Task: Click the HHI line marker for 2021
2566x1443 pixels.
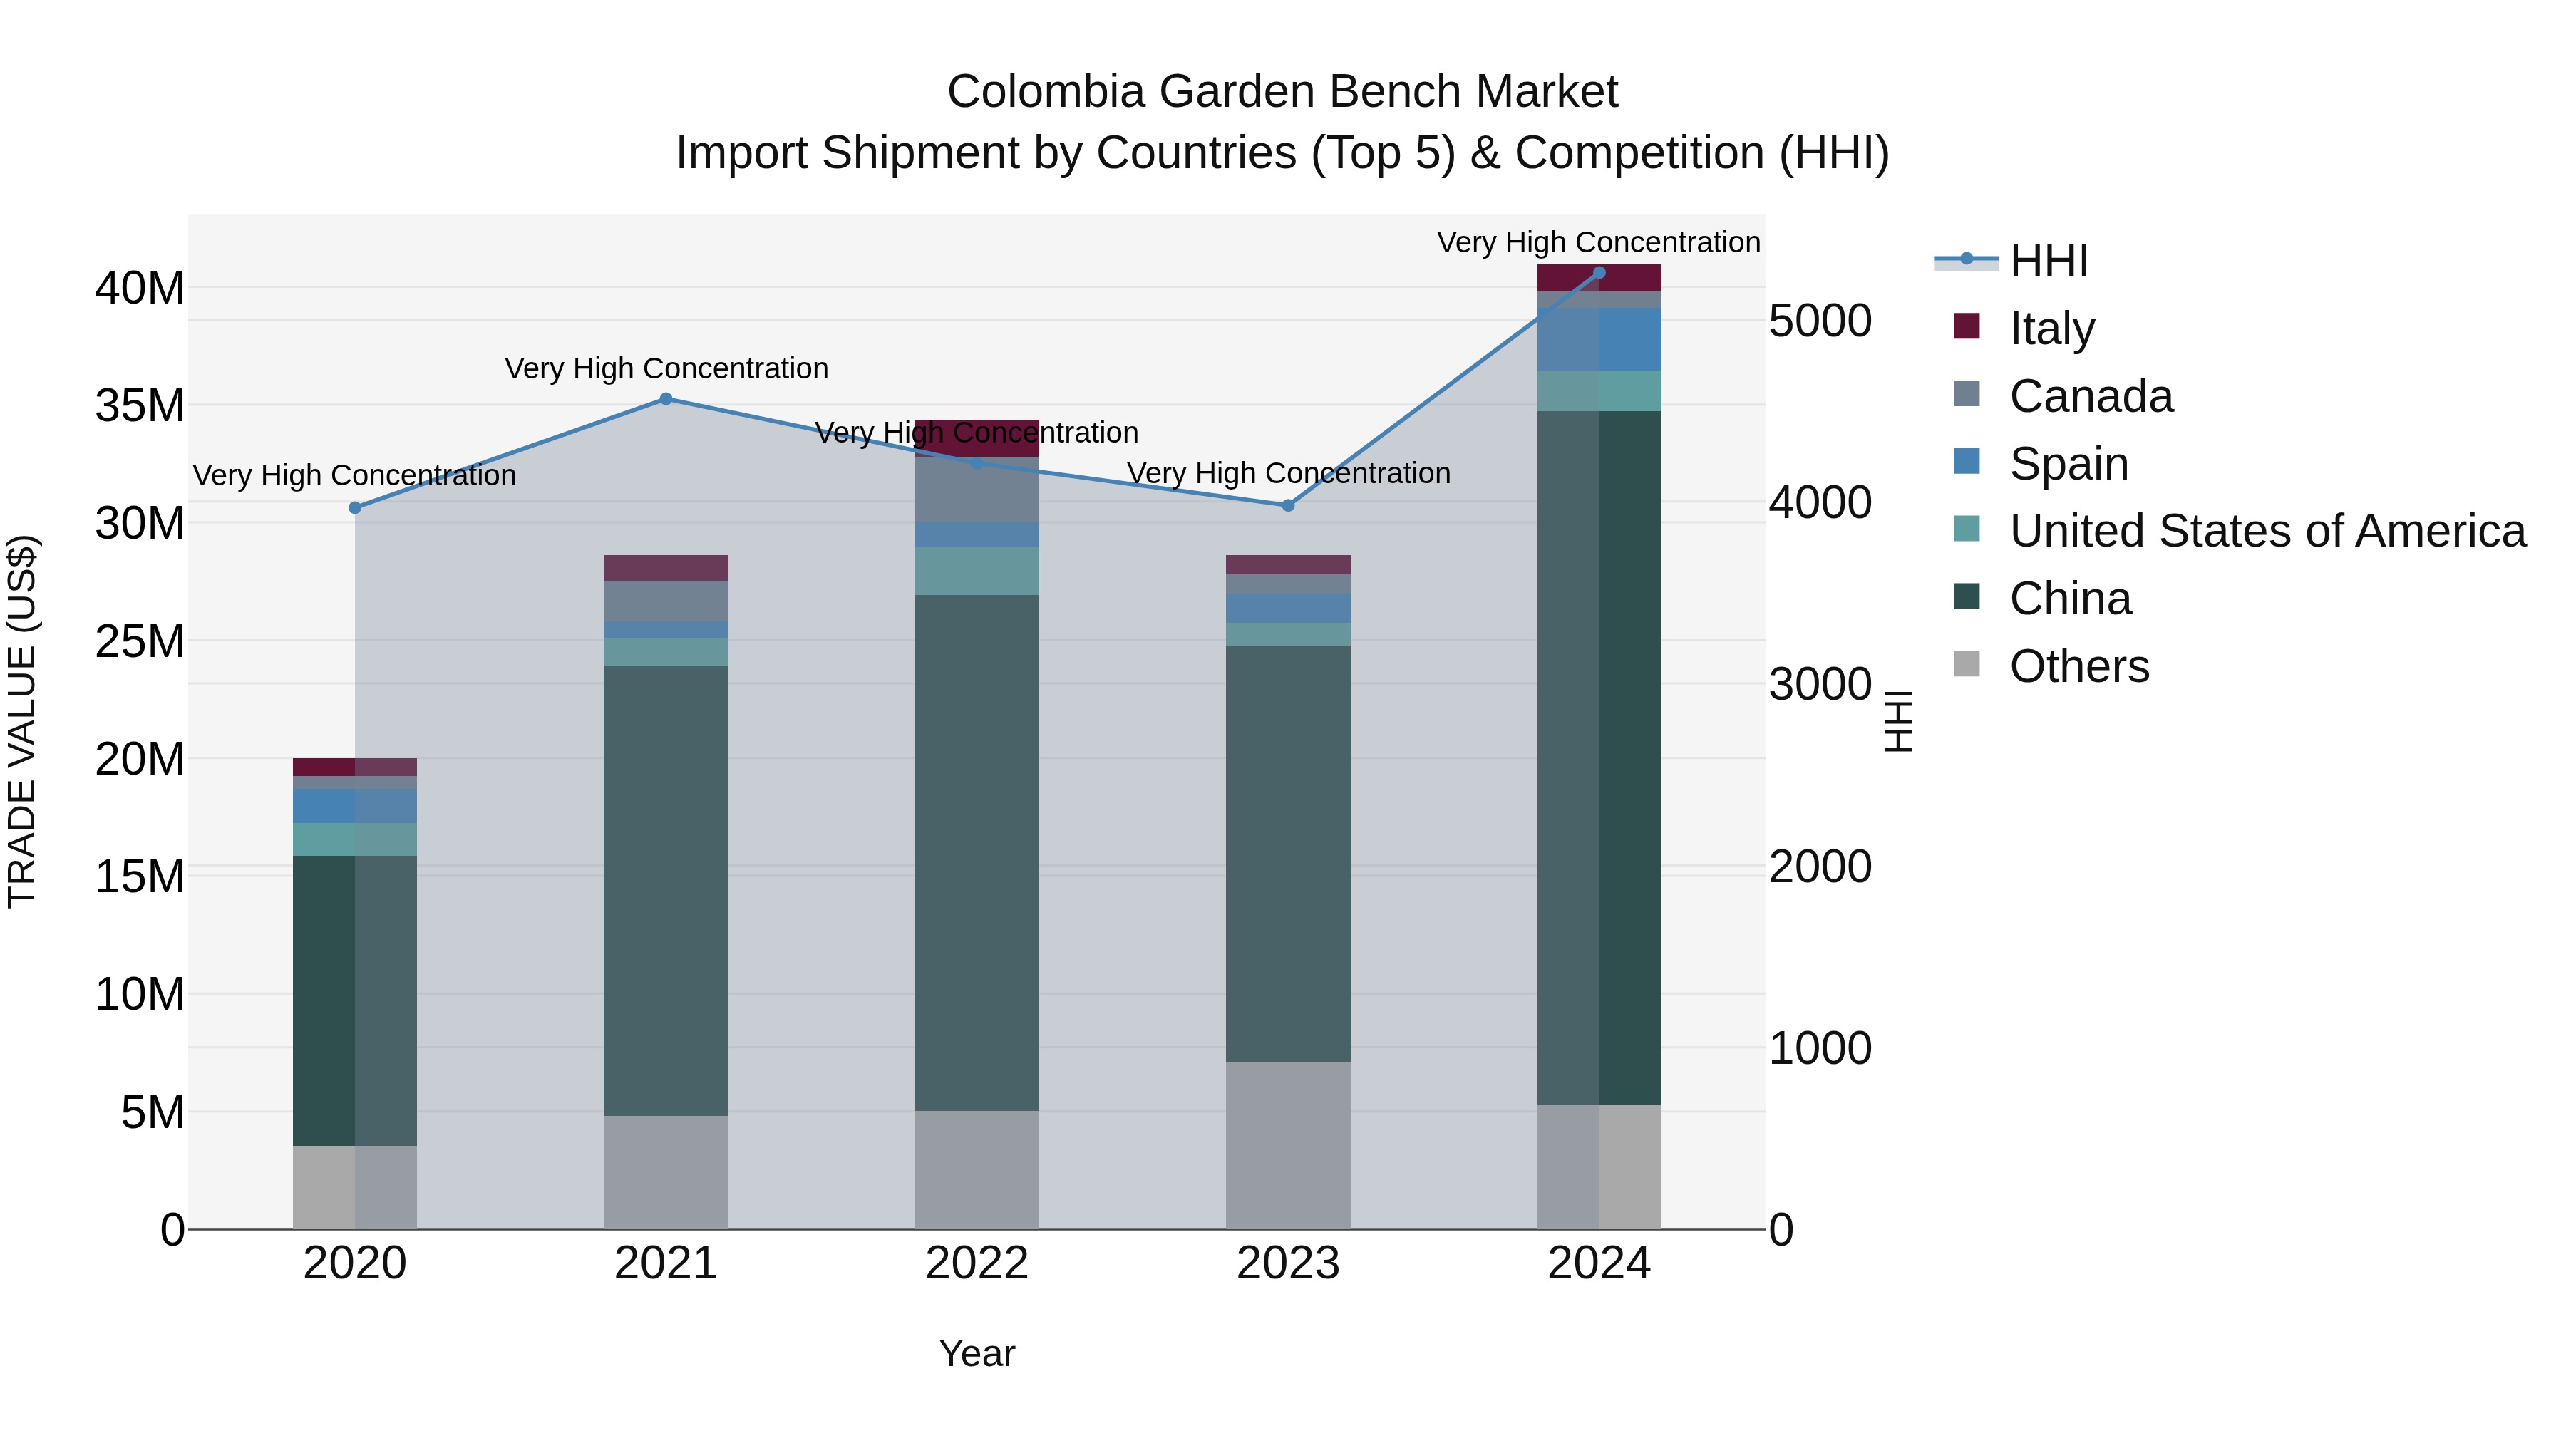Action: pyautogui.click(x=666, y=399)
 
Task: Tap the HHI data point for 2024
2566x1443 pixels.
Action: pyautogui.click(x=1599, y=273)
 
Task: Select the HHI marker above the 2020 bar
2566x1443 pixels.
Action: pyautogui.click(x=356, y=508)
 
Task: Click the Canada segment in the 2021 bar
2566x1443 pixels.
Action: pyautogui.click(x=666, y=601)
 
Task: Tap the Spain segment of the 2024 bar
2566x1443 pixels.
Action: pyautogui.click(x=1599, y=338)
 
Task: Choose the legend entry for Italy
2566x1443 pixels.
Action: pyautogui.click(x=2052, y=328)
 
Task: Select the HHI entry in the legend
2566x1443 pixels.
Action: pyautogui.click(x=2048, y=261)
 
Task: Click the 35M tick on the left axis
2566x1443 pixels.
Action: pyautogui.click(x=140, y=405)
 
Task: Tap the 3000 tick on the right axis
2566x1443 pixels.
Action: pyautogui.click(x=1820, y=684)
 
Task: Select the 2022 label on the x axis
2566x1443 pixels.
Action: pyautogui.click(x=977, y=1263)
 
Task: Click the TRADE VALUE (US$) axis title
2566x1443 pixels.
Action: pyautogui.click(x=22, y=721)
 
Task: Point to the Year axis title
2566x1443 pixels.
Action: pyautogui.click(x=977, y=1353)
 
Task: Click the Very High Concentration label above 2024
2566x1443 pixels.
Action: pyautogui.click(x=1598, y=242)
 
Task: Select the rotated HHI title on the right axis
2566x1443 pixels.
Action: pyautogui.click(x=1899, y=721)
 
